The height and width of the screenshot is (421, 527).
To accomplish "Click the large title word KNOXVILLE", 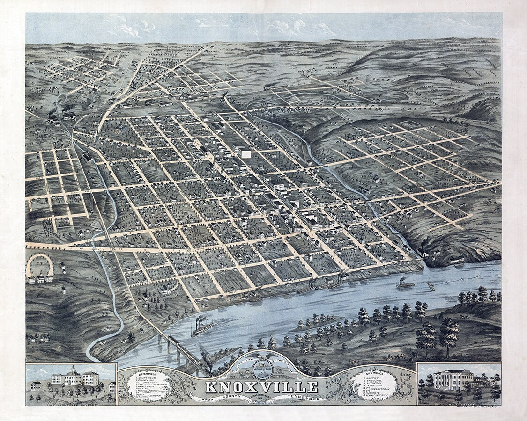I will [x=261, y=387].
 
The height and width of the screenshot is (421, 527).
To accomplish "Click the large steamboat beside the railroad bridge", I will [x=202, y=327].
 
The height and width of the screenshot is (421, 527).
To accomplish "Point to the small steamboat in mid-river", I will [x=405, y=283].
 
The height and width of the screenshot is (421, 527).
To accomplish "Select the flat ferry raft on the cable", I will [x=431, y=286].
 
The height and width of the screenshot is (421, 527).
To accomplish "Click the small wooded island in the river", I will [x=323, y=322].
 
